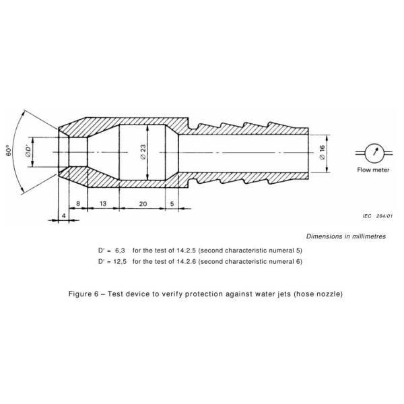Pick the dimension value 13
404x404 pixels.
(102, 203)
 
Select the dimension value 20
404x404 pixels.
(143, 203)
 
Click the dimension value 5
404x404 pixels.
(173, 203)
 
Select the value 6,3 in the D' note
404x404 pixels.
(122, 250)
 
